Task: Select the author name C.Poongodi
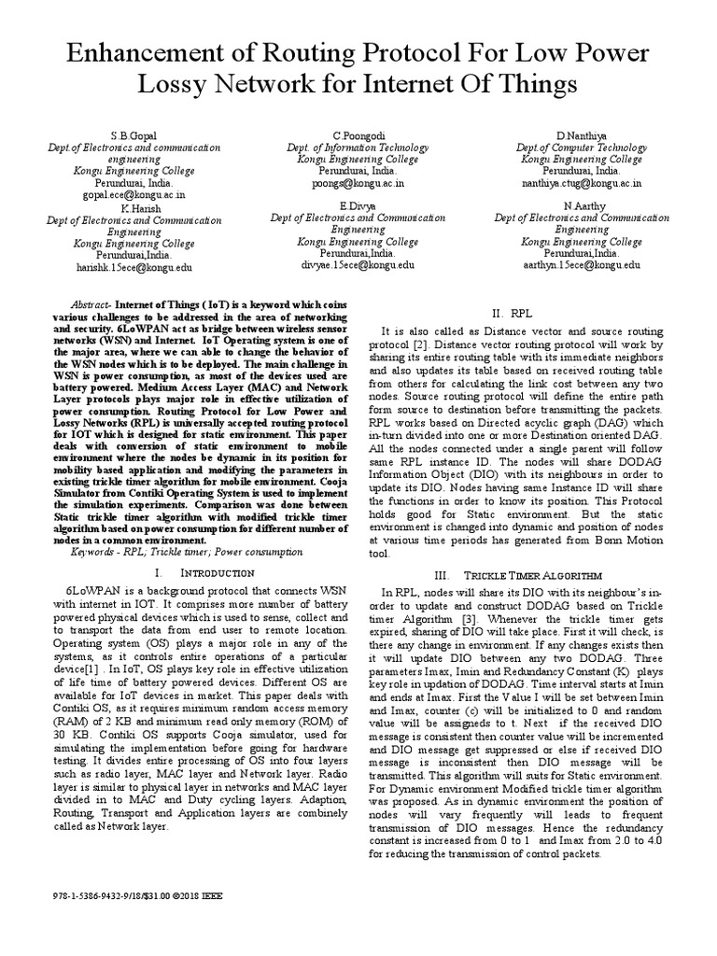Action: (x=358, y=136)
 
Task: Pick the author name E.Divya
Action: (x=358, y=204)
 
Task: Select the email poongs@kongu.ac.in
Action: (x=358, y=184)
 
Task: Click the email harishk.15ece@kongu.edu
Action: (x=134, y=266)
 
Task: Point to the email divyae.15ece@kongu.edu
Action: (x=358, y=265)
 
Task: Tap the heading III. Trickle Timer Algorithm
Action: (x=521, y=572)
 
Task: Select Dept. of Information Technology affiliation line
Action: (x=358, y=148)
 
